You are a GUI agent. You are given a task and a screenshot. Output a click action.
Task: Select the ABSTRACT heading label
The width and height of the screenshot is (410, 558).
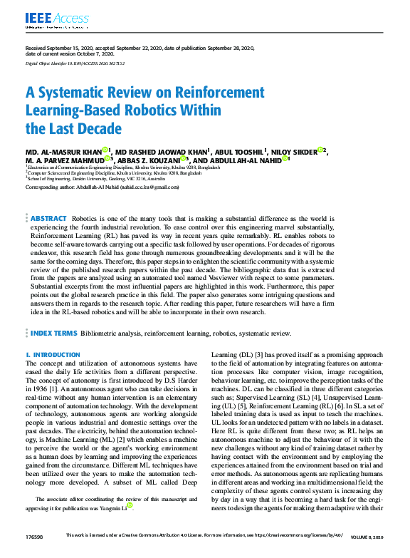48,218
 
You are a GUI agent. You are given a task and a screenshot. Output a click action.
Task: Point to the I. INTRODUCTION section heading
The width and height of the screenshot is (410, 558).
53,354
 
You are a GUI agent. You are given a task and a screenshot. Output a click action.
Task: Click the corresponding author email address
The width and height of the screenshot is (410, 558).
154,187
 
